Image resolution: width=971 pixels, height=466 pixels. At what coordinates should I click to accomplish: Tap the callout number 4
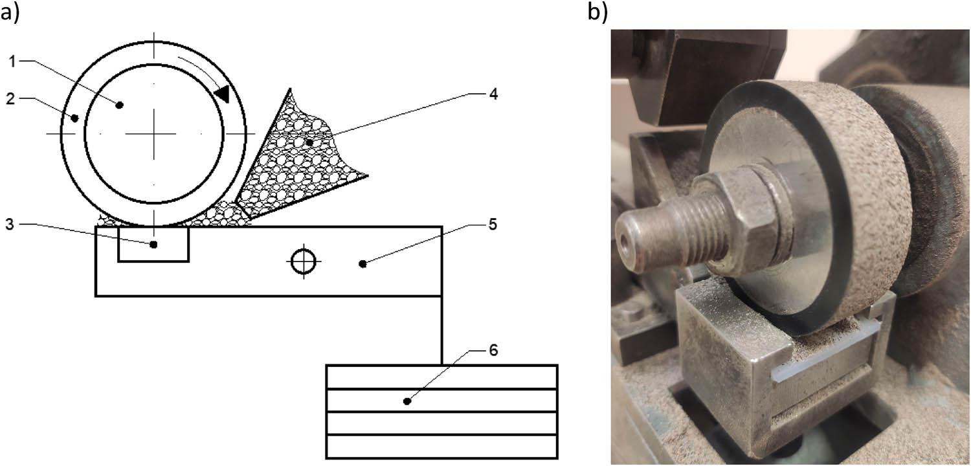click(x=493, y=94)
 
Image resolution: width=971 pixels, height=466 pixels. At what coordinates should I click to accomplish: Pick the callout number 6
click(x=493, y=350)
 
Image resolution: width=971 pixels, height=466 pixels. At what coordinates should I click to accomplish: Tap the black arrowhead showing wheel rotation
click(x=221, y=93)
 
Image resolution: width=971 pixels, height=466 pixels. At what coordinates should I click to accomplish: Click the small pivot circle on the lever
click(x=302, y=262)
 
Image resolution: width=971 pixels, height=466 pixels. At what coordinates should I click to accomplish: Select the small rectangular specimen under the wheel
click(x=153, y=245)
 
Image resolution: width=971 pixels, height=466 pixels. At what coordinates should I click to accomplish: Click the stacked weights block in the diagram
click(x=441, y=411)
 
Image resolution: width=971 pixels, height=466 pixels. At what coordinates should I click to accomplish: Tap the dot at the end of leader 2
click(x=76, y=118)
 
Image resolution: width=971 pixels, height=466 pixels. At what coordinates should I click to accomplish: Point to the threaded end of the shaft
click(x=654, y=233)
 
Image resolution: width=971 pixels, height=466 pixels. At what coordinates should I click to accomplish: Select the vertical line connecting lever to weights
click(x=442, y=330)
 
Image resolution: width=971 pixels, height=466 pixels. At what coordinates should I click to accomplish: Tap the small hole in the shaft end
click(x=625, y=239)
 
